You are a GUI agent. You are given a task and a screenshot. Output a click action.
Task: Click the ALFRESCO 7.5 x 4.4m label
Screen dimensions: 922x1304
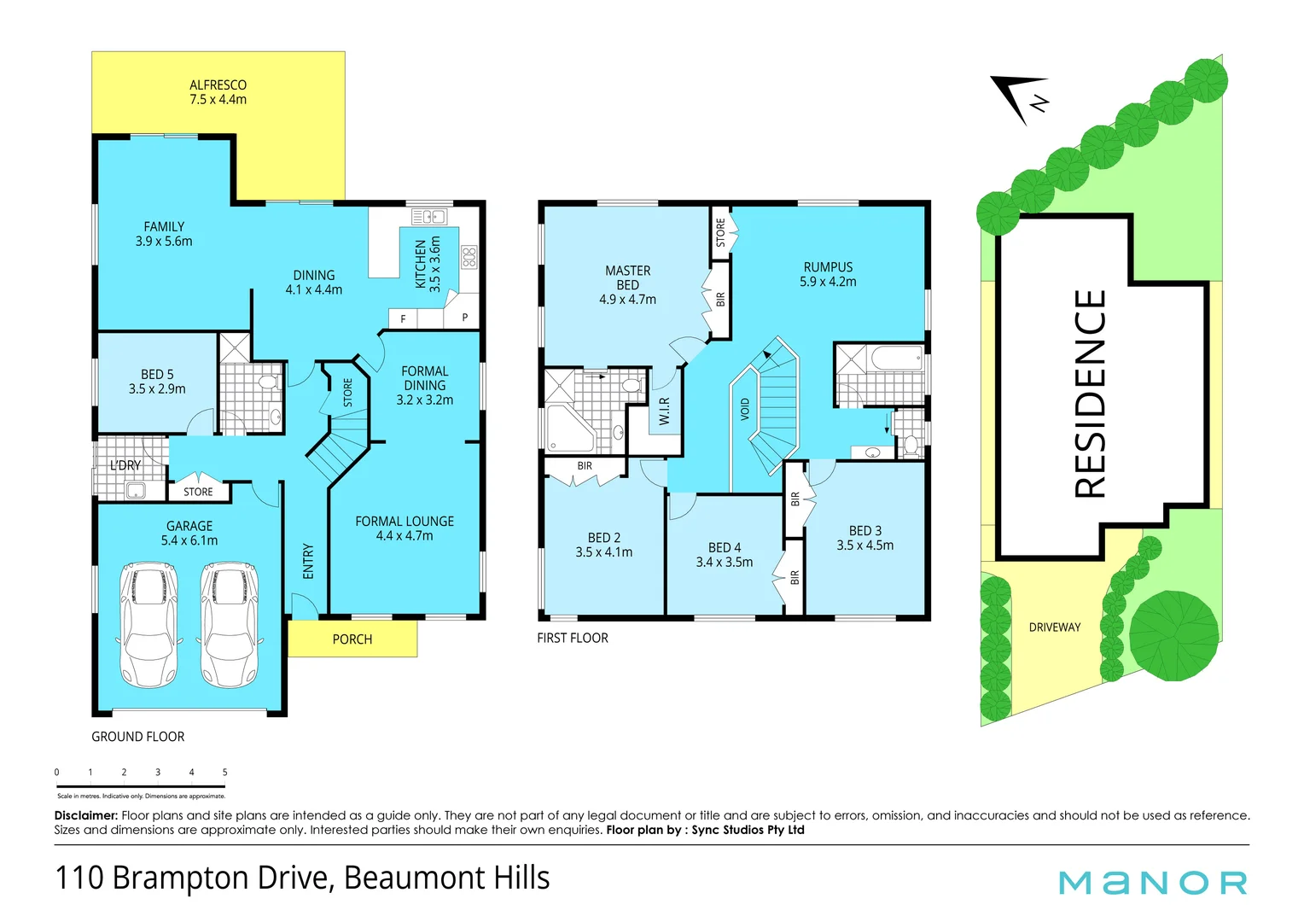click(x=218, y=92)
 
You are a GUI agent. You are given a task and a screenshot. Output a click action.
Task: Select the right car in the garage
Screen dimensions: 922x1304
click(x=229, y=625)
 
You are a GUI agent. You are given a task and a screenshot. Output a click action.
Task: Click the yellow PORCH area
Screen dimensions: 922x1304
click(x=352, y=639)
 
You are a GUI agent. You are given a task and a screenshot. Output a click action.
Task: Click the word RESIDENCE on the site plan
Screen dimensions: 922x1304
click(x=1090, y=394)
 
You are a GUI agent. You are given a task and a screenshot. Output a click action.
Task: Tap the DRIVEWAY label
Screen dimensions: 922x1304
click(x=1054, y=627)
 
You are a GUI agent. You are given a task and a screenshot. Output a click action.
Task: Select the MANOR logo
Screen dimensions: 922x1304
click(x=1152, y=882)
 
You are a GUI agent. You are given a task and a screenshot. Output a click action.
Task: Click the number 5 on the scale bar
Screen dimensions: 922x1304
click(x=224, y=772)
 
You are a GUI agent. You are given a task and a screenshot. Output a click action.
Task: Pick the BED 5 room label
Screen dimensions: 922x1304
click(x=157, y=382)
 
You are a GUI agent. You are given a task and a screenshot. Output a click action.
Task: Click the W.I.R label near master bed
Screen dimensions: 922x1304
click(x=664, y=411)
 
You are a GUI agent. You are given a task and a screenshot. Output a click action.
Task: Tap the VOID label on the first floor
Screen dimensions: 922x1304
click(x=745, y=409)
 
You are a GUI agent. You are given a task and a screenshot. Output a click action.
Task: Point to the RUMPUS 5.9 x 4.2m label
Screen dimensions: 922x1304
click(x=827, y=274)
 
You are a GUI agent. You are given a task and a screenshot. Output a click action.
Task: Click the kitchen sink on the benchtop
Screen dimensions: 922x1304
click(x=429, y=217)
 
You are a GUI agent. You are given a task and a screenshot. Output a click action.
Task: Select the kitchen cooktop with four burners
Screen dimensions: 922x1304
click(x=469, y=257)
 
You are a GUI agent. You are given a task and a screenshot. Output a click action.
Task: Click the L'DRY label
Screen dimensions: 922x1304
click(x=125, y=465)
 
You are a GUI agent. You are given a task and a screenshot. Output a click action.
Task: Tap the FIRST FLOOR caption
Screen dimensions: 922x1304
click(x=572, y=638)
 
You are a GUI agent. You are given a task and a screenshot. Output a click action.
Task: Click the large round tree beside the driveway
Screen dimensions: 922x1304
click(x=1173, y=636)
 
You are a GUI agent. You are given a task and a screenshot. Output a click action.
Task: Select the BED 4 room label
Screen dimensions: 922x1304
click(x=724, y=554)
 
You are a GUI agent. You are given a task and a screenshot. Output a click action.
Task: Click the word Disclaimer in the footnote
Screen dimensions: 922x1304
click(x=85, y=815)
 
